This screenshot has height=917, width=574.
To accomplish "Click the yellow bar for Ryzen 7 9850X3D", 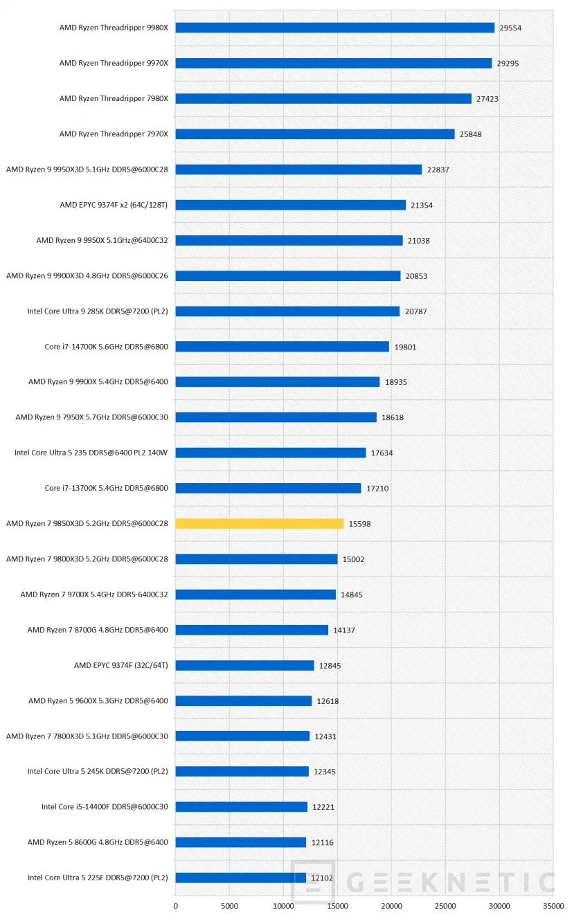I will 259,523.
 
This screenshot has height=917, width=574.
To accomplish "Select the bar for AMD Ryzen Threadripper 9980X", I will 334,28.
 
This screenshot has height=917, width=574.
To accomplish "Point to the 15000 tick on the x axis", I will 337,905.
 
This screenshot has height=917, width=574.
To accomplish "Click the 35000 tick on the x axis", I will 553,905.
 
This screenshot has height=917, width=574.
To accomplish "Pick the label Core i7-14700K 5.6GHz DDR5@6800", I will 106,347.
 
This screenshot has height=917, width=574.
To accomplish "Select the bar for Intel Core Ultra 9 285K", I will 287,311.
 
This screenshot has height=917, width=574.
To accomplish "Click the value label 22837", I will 438,170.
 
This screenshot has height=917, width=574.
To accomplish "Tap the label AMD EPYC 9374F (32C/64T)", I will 120,665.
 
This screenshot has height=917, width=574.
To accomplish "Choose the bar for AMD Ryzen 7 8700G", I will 251,630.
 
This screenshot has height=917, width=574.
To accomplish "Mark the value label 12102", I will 322,878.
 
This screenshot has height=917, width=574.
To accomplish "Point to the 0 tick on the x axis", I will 175,905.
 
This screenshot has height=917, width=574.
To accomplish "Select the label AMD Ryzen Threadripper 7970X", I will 114,134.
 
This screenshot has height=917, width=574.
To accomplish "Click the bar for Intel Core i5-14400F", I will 241,807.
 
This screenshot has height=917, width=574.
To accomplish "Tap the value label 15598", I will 359,525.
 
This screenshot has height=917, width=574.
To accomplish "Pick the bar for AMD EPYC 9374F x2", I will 290,205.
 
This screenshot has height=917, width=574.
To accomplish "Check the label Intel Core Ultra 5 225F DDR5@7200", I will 98,878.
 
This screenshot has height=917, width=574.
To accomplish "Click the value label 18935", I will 396,383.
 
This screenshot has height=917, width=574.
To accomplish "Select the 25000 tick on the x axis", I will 445,905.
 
